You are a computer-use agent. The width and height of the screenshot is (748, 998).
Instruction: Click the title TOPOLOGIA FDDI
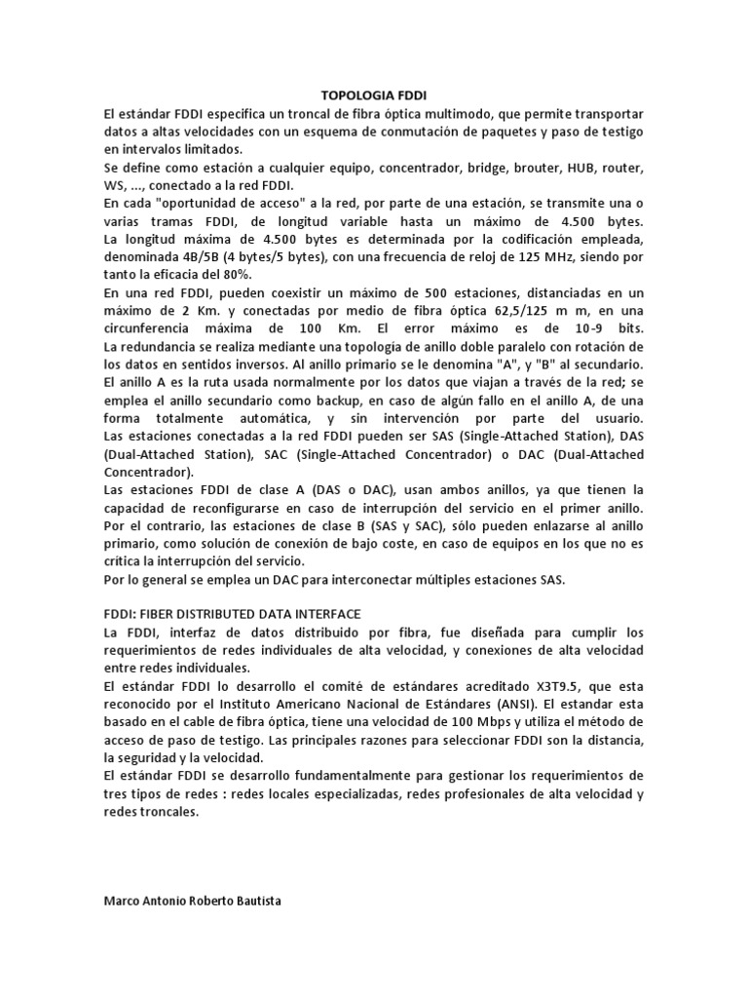[x=373, y=96]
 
